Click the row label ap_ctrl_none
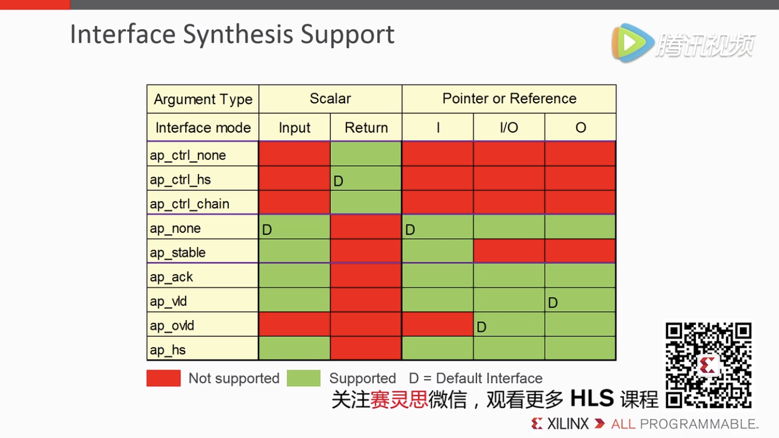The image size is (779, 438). coord(187,155)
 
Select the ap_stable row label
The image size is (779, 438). coord(178,253)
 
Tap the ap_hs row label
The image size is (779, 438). coord(168,350)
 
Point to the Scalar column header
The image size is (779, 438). coord(330,99)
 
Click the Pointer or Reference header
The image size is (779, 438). coord(509,99)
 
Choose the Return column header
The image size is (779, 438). coord(366,128)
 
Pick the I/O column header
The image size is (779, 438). coord(509,128)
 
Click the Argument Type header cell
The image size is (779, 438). coord(203,99)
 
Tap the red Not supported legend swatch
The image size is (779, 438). coord(164,378)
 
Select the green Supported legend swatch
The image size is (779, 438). coord(304,378)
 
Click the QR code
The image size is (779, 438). coord(708,365)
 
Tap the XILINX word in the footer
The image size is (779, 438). coord(568,424)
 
